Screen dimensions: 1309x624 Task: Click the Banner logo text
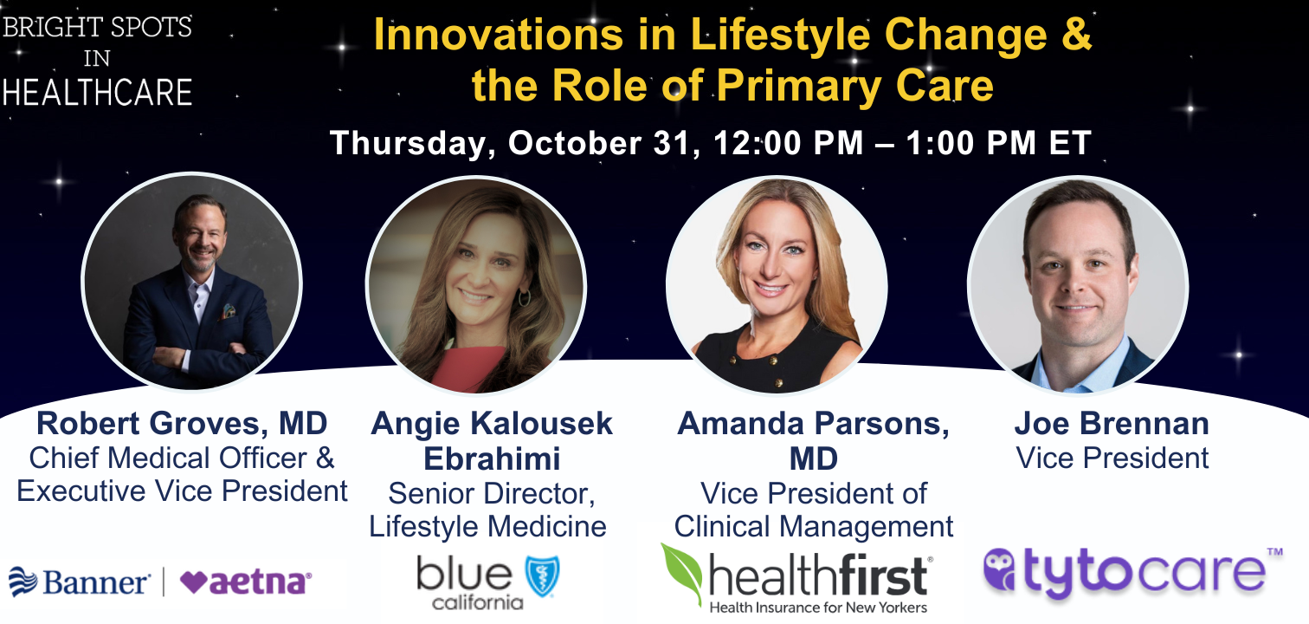point(96,582)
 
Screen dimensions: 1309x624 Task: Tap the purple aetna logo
point(246,582)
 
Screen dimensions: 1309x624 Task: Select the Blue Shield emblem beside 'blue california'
point(542,575)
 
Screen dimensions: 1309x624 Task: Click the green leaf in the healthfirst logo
point(681,573)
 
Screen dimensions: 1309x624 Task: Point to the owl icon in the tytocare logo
point(1000,569)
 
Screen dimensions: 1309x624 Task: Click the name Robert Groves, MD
point(182,423)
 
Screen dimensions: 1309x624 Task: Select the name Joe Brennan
point(1112,423)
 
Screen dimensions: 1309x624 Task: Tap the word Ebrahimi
point(492,458)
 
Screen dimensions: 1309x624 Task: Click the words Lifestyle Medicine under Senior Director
point(487,526)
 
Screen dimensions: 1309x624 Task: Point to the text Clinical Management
point(814,526)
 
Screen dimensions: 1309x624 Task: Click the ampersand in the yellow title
point(1076,35)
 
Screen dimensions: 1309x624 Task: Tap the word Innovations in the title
point(498,35)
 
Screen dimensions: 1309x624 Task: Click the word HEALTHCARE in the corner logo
point(97,93)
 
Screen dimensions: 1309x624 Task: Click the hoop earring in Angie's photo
point(524,297)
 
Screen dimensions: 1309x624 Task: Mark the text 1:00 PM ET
point(998,143)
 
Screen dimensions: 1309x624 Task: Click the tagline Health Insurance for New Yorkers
point(818,608)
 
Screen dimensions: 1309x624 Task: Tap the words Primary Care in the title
point(855,87)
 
